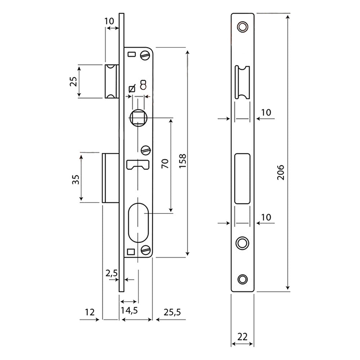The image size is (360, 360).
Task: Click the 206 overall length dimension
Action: click(x=280, y=172)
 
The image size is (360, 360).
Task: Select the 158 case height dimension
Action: click(x=183, y=161)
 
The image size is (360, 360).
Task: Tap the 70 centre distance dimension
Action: click(x=165, y=164)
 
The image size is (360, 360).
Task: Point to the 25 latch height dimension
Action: click(x=73, y=81)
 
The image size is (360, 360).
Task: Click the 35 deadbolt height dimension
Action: click(x=76, y=180)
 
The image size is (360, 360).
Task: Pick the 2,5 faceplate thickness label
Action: click(x=112, y=273)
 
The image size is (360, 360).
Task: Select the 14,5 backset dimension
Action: click(x=129, y=310)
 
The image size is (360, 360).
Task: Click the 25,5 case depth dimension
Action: click(x=172, y=312)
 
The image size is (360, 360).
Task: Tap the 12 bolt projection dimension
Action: click(x=90, y=312)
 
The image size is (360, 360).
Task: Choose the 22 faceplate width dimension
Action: click(x=242, y=337)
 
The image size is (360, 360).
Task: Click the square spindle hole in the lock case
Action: click(x=138, y=118)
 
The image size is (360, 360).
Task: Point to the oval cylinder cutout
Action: click(x=139, y=222)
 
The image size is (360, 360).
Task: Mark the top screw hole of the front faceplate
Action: click(x=242, y=27)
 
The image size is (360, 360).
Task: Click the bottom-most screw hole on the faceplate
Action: click(x=242, y=279)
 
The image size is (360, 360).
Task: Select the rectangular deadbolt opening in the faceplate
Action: click(x=242, y=179)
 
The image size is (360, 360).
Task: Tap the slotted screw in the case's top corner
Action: click(x=145, y=55)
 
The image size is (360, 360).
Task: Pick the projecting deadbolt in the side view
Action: click(x=111, y=178)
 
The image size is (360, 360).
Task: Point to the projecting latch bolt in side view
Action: click(x=112, y=81)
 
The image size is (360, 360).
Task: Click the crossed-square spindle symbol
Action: click(x=132, y=89)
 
